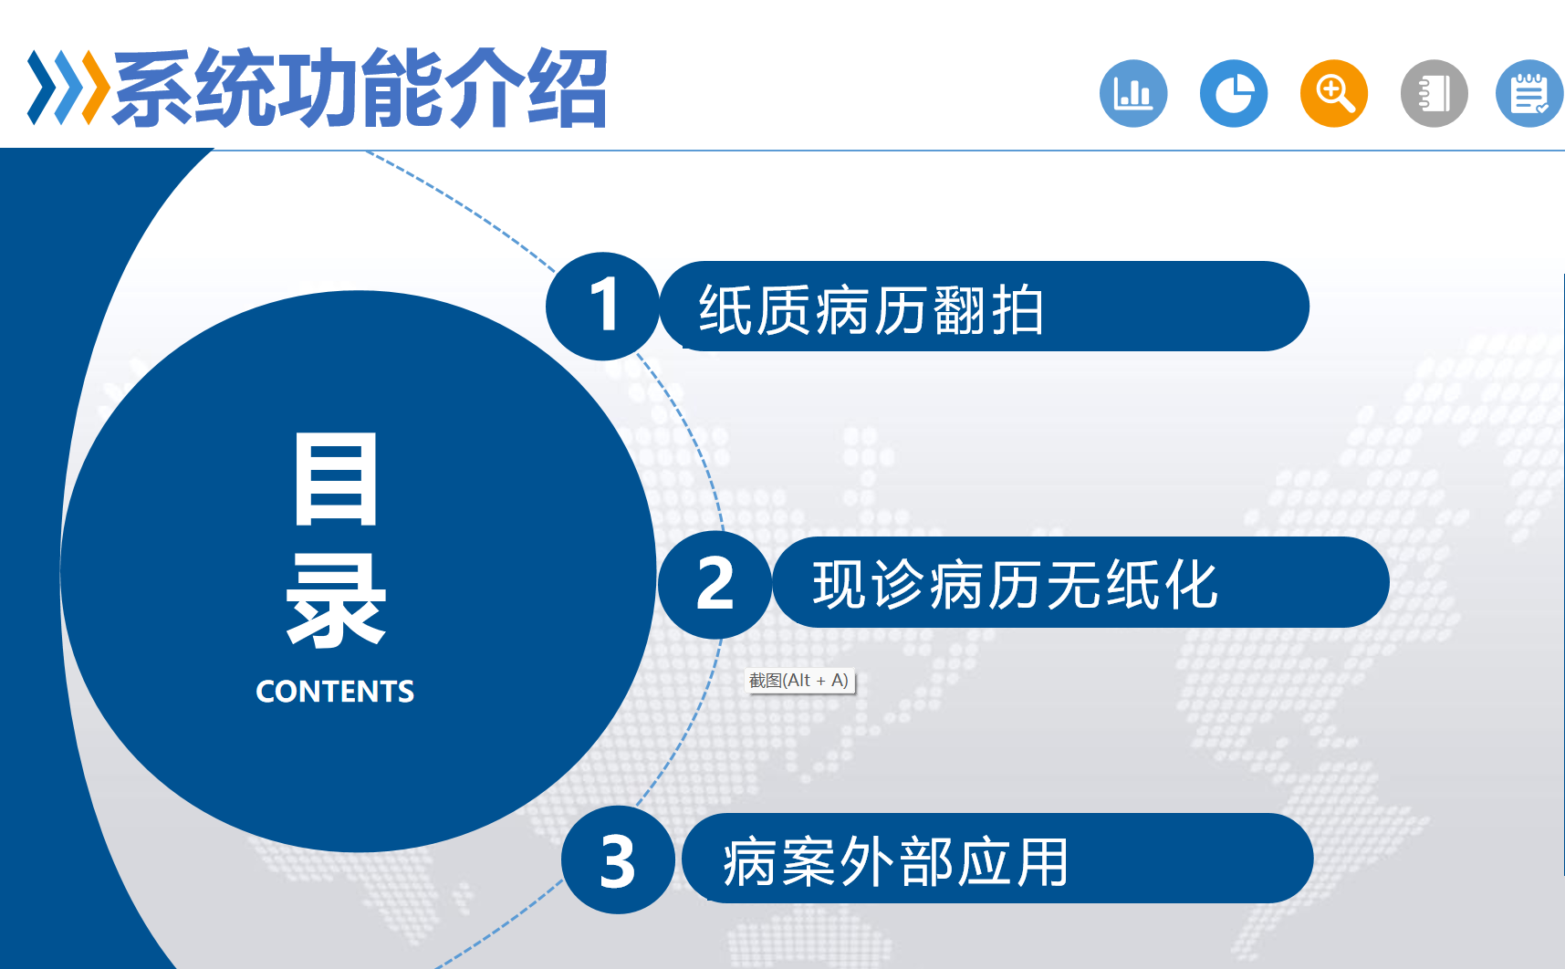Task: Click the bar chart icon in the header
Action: pyautogui.click(x=1133, y=93)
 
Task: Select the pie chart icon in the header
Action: pyautogui.click(x=1234, y=93)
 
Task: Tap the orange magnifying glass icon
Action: pyautogui.click(x=1334, y=93)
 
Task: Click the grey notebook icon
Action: pyautogui.click(x=1435, y=93)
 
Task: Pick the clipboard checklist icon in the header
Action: pyautogui.click(x=1530, y=93)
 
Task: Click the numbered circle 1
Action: pyautogui.click(x=602, y=306)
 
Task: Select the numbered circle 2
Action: pyautogui.click(x=715, y=584)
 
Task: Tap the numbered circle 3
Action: pyautogui.click(x=618, y=860)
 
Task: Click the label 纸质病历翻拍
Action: pyautogui.click(x=871, y=310)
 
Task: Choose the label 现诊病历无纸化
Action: pyautogui.click(x=1016, y=584)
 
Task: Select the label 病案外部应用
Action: pyautogui.click(x=895, y=861)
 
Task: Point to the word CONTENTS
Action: pyautogui.click(x=335, y=692)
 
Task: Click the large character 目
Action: pyautogui.click(x=336, y=480)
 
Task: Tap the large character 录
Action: pyautogui.click(x=336, y=601)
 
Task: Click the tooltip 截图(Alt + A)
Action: pyautogui.click(x=799, y=681)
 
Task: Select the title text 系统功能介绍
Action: pyautogui.click(x=360, y=88)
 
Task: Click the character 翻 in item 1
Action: pyautogui.click(x=959, y=310)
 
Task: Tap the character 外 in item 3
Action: pyautogui.click(x=866, y=861)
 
